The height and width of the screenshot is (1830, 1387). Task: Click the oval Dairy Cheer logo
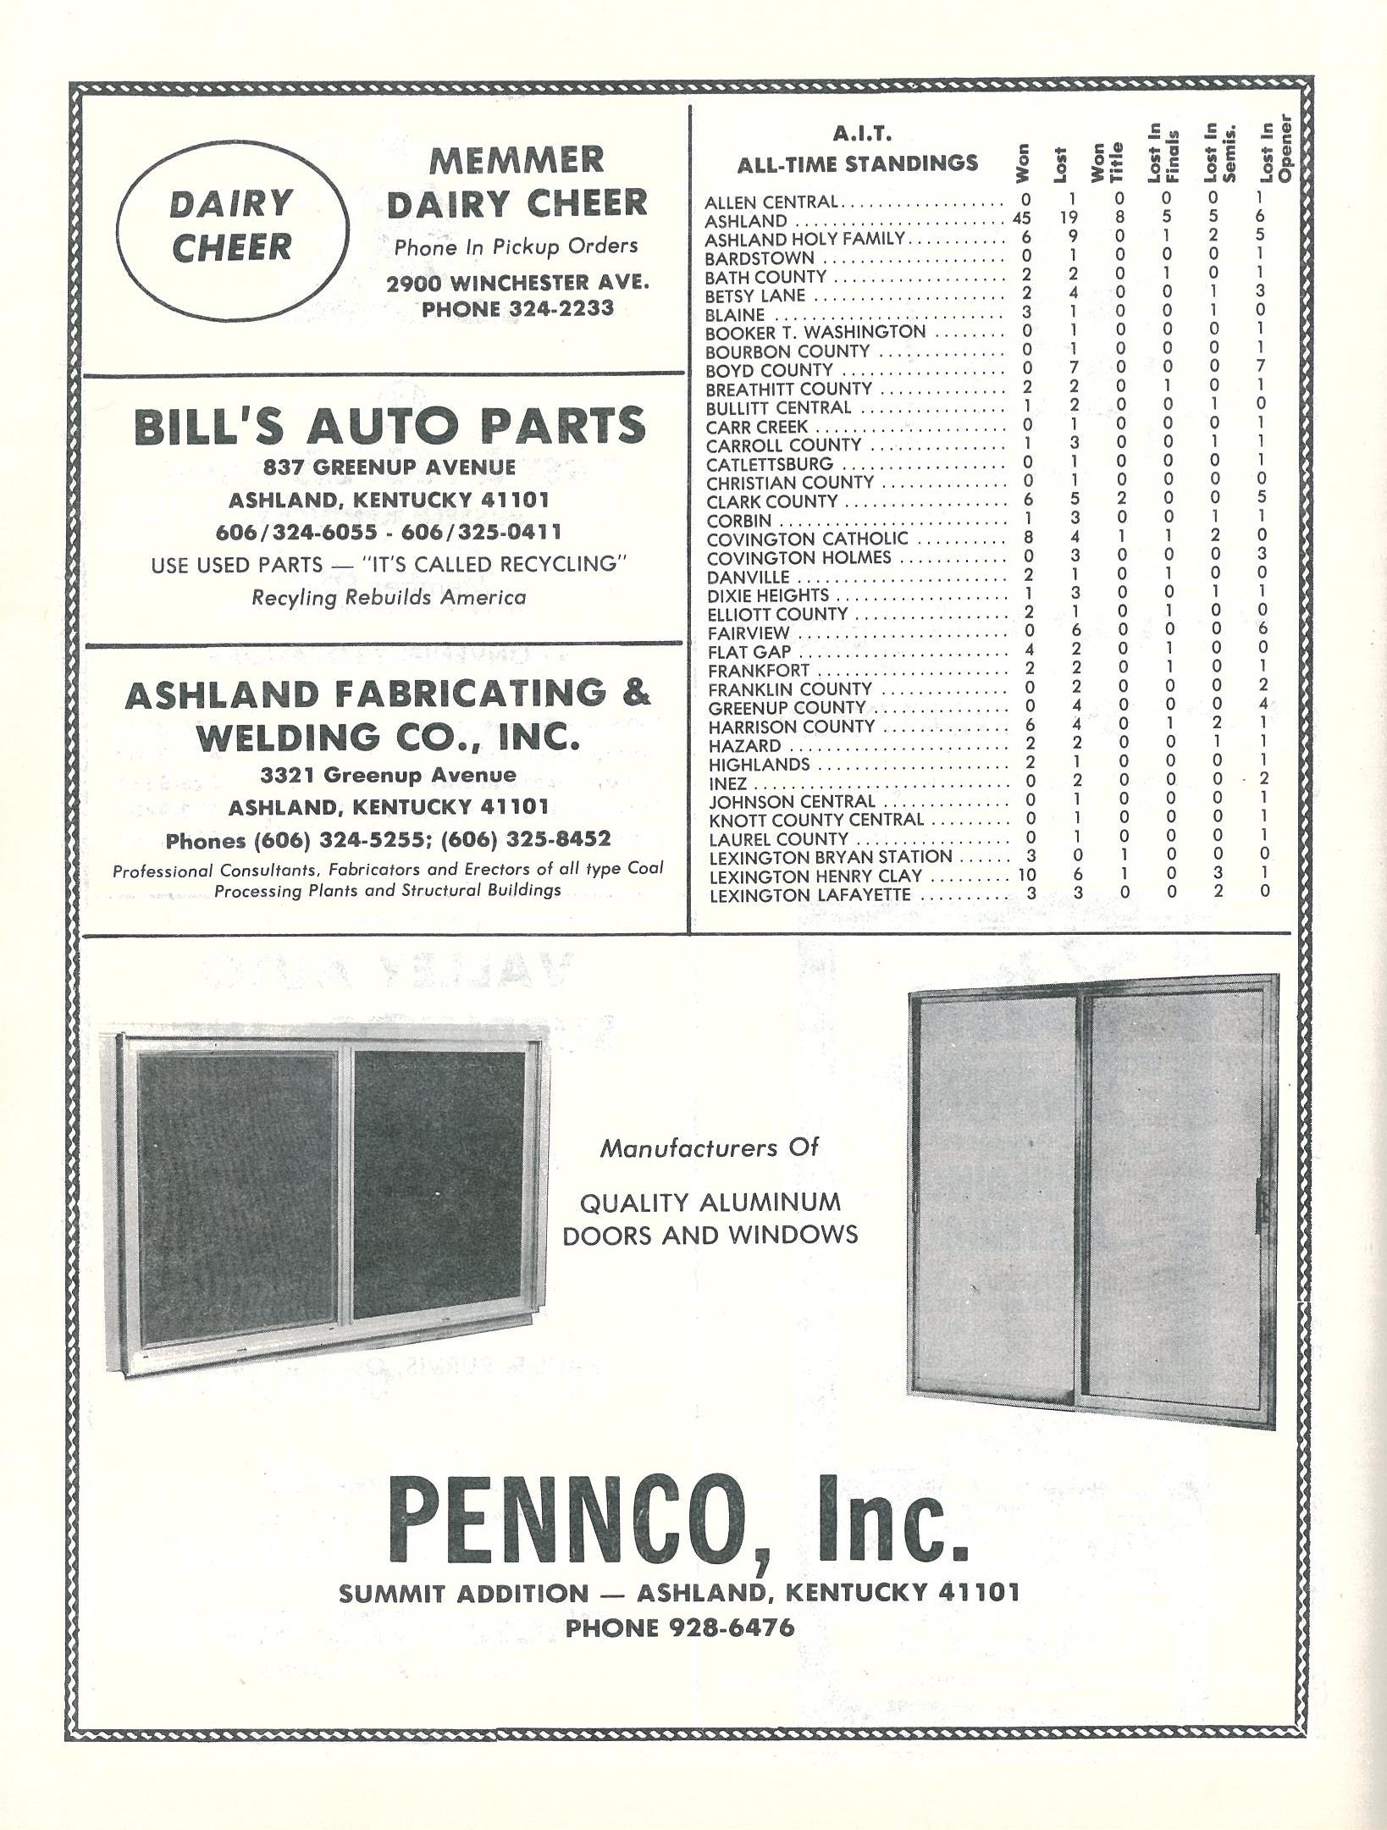point(231,226)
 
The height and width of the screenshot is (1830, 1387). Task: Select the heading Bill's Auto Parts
point(390,426)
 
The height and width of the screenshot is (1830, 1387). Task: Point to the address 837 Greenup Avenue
point(389,467)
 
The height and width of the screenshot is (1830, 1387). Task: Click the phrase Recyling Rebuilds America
point(389,598)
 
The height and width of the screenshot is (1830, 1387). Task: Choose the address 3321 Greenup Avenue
point(388,775)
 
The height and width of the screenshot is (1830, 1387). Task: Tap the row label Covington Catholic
point(807,539)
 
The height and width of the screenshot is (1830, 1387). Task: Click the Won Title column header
point(1108,162)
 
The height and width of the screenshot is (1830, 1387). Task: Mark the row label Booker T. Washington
point(815,332)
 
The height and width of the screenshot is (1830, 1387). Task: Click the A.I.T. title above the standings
point(861,134)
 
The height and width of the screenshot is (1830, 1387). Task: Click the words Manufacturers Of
point(710,1148)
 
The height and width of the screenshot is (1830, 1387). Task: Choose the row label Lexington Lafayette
point(810,894)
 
